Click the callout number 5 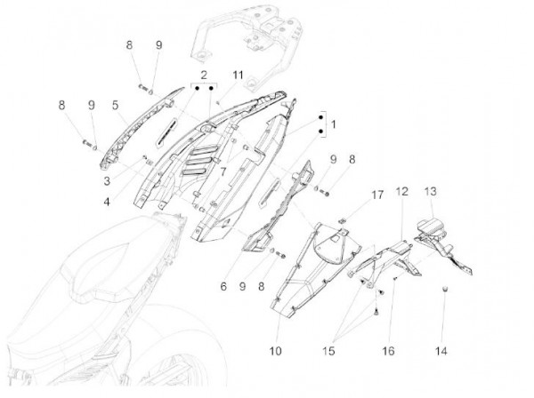[x=116, y=106]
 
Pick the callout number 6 [x=223, y=286]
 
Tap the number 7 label [x=223, y=169]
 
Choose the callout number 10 [x=275, y=352]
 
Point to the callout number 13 [x=431, y=192]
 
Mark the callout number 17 [x=352, y=193]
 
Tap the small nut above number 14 [x=445, y=290]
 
